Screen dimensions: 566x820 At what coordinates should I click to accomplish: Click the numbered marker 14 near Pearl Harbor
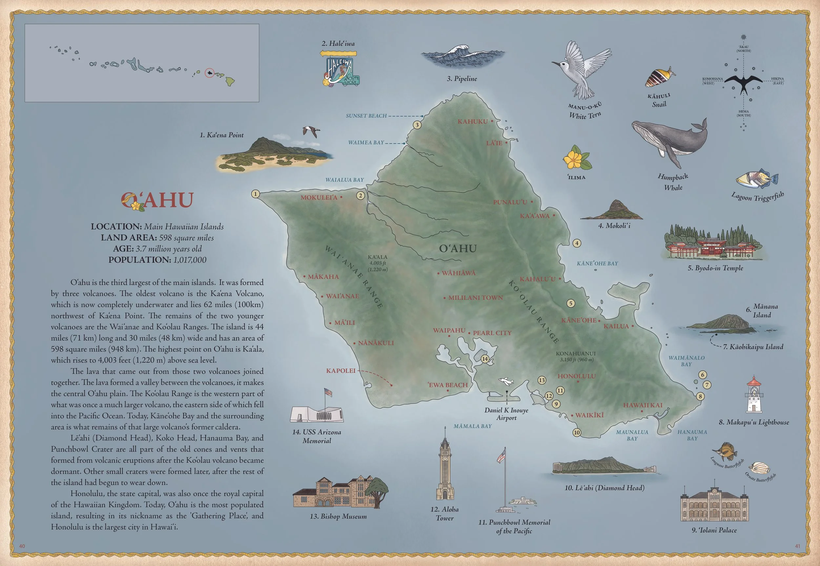(x=485, y=359)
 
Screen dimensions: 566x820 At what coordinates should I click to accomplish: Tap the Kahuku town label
(x=472, y=122)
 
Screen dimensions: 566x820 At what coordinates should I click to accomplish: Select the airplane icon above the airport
(x=506, y=381)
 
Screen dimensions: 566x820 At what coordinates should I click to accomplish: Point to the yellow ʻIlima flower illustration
(x=576, y=158)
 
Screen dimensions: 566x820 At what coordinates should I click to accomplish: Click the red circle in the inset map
(x=210, y=73)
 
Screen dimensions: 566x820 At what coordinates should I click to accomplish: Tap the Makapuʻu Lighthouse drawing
(x=754, y=395)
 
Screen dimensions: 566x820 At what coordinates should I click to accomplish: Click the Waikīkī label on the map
(x=589, y=415)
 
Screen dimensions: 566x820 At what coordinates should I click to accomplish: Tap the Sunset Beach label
(x=366, y=116)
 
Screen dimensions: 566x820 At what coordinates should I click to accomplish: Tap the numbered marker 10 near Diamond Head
(x=577, y=432)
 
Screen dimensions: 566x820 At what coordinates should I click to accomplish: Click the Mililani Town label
(x=475, y=298)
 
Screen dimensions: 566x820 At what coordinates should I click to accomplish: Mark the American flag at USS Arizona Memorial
(x=328, y=392)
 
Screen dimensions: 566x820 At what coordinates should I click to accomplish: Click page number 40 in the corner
(x=22, y=546)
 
